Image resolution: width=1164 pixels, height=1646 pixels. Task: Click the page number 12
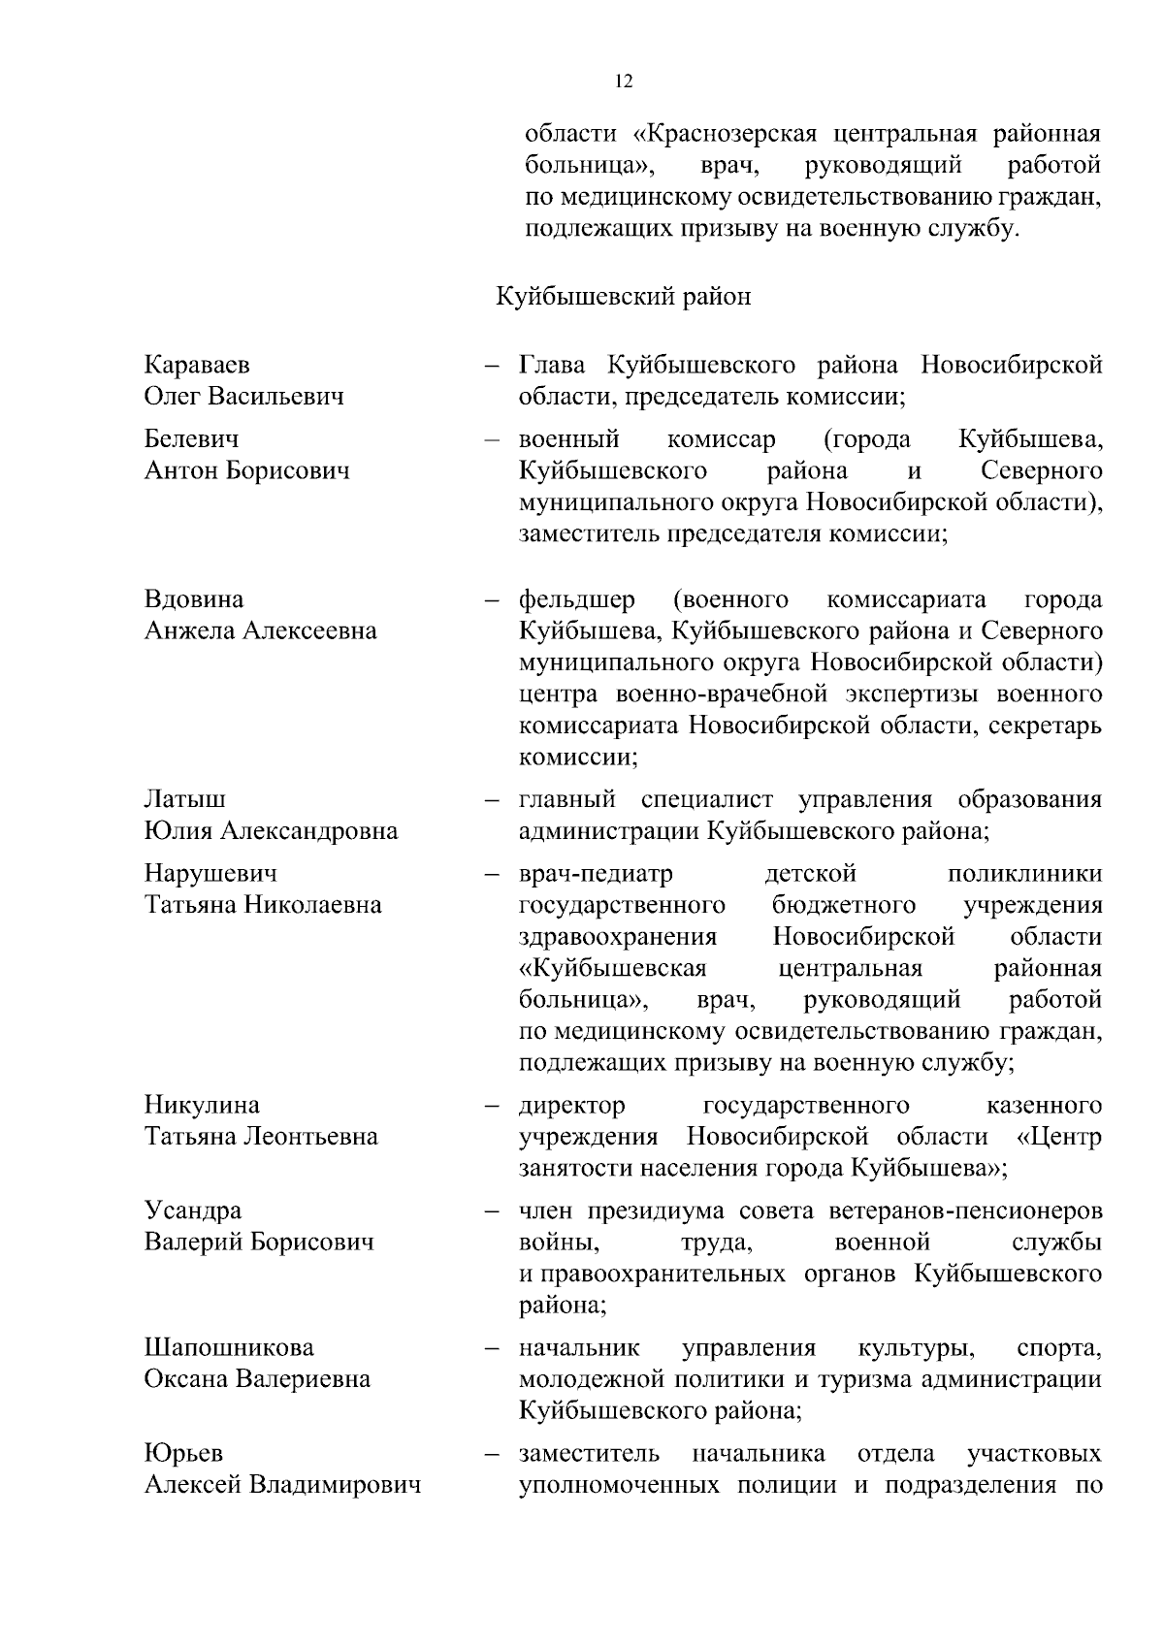click(624, 81)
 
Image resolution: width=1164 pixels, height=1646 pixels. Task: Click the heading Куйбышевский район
click(624, 296)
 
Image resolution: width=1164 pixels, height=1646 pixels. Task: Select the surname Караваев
click(197, 365)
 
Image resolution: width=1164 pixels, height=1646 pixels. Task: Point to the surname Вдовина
click(194, 599)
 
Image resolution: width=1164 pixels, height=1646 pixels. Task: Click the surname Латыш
click(185, 799)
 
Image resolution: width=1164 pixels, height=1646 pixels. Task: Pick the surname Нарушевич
click(210, 873)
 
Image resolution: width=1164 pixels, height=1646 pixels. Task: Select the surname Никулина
click(202, 1105)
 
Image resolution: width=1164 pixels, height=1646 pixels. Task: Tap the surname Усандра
click(193, 1210)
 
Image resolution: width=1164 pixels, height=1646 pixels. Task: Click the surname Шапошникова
click(229, 1347)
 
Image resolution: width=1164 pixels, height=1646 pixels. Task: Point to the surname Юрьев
click(183, 1453)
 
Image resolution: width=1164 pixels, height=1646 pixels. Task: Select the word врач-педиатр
click(596, 873)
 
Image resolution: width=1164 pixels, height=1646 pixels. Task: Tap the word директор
click(572, 1105)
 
